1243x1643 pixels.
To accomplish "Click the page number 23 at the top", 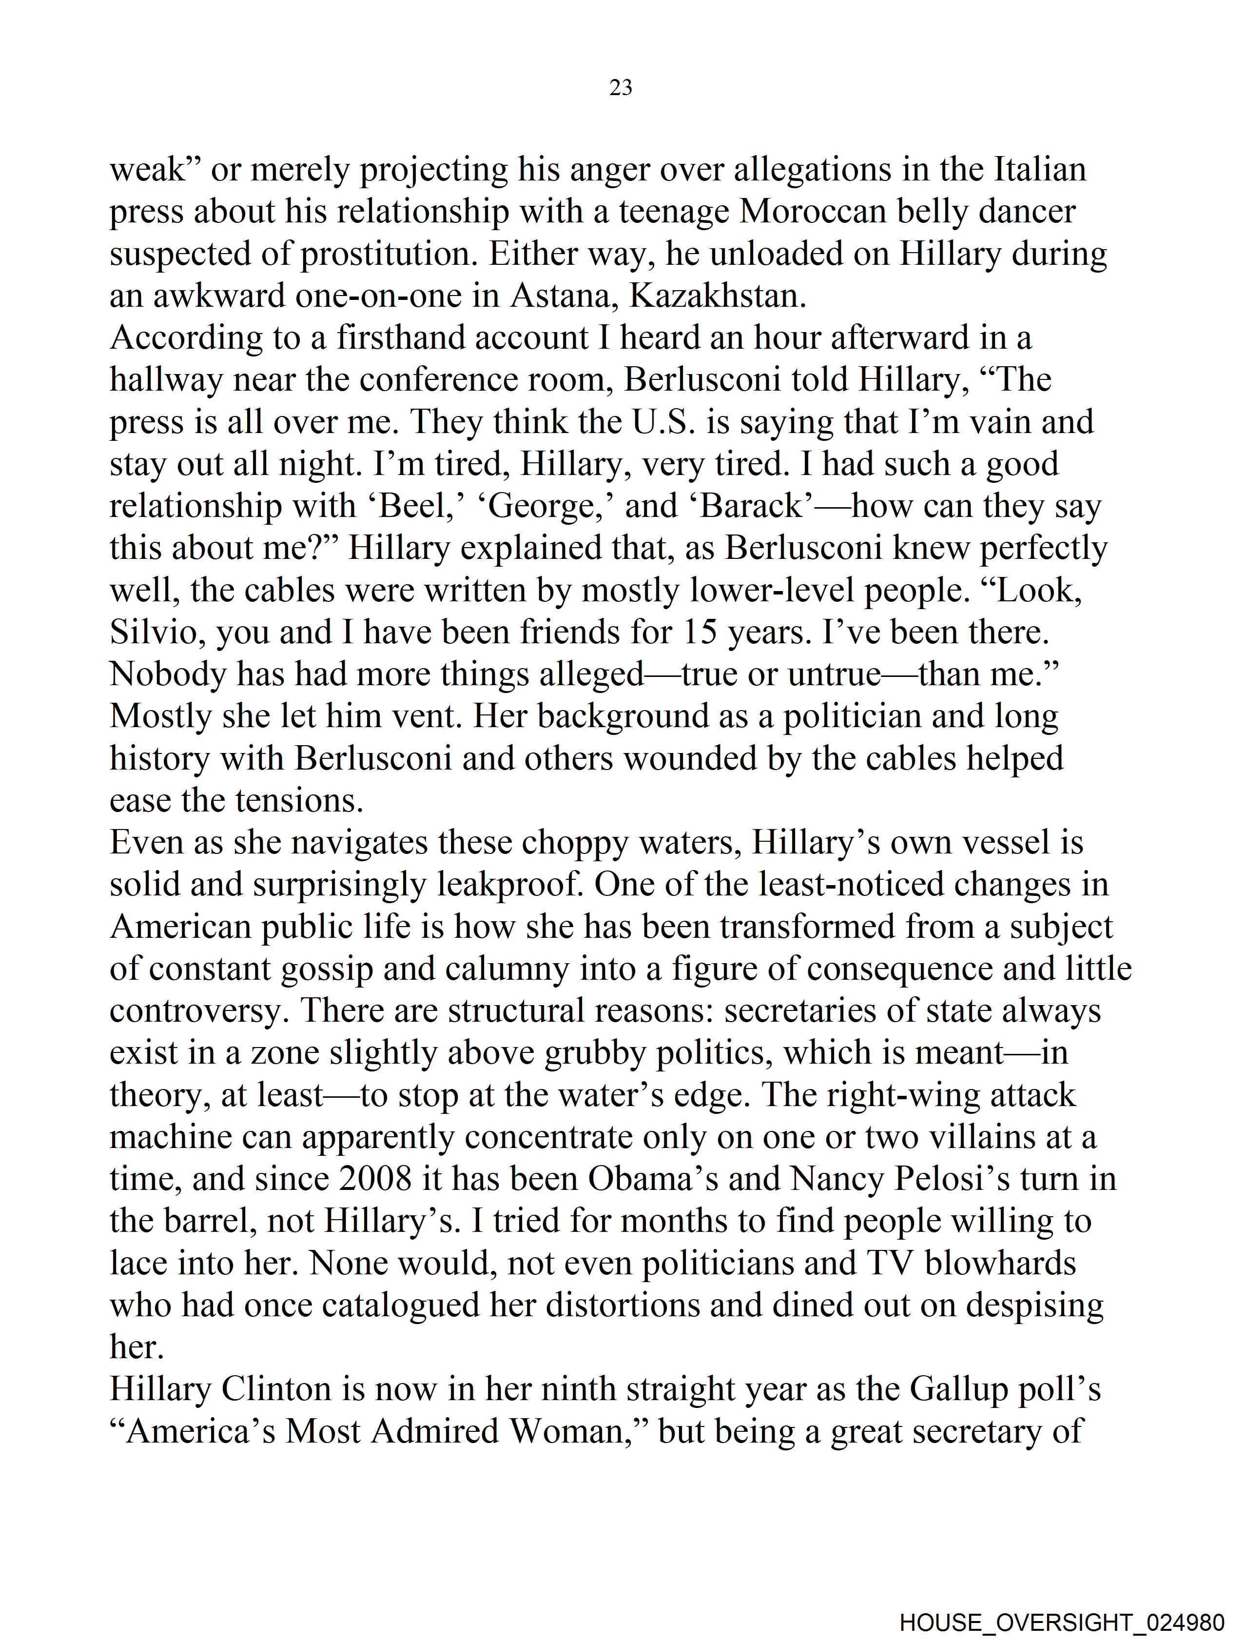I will (x=621, y=88).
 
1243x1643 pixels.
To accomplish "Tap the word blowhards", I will (x=999, y=1263).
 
